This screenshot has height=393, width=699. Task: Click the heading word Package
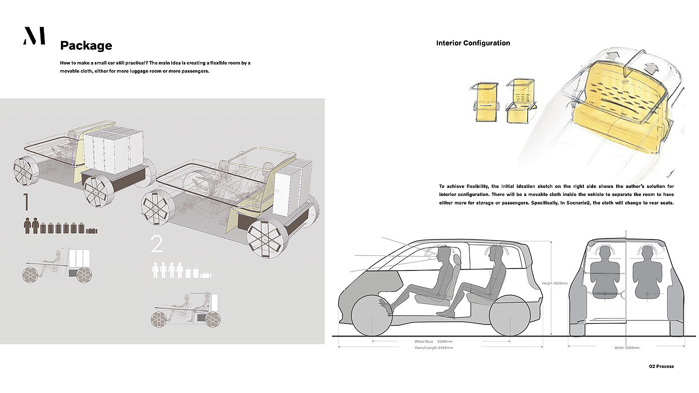tap(86, 45)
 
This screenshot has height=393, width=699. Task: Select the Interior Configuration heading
tap(473, 43)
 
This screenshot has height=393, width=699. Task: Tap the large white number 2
tap(157, 244)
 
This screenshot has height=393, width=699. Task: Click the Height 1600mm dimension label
tap(555, 283)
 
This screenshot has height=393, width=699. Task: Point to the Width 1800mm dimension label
tap(627, 347)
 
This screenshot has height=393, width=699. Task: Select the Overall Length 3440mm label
tap(433, 347)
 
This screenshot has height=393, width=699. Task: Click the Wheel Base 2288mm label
tap(433, 341)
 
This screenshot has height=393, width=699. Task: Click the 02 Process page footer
tap(661, 366)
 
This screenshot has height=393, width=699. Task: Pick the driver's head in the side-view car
tap(443, 253)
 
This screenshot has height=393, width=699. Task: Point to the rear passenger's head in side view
tap(496, 252)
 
